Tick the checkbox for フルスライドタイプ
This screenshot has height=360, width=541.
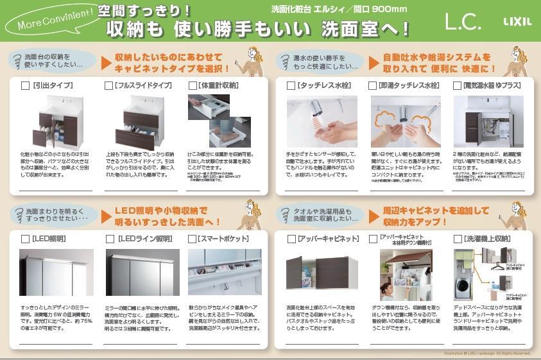coord(108,85)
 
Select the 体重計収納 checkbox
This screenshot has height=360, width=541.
coord(193,85)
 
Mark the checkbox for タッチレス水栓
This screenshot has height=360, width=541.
coord(291,85)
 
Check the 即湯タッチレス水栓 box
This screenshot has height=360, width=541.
coord(373,85)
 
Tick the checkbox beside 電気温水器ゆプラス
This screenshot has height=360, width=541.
coord(457,85)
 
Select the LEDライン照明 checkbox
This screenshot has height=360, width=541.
coord(110,239)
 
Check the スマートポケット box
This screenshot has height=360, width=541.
coord(193,239)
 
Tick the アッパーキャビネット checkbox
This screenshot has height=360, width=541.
coord(291,239)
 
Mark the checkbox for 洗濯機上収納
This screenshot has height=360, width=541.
coord(457,239)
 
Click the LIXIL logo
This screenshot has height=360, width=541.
coord(517,21)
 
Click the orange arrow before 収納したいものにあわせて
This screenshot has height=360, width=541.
coord(106,63)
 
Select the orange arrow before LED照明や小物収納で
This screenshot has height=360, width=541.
coord(106,216)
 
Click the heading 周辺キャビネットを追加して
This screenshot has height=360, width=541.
coord(436,210)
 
